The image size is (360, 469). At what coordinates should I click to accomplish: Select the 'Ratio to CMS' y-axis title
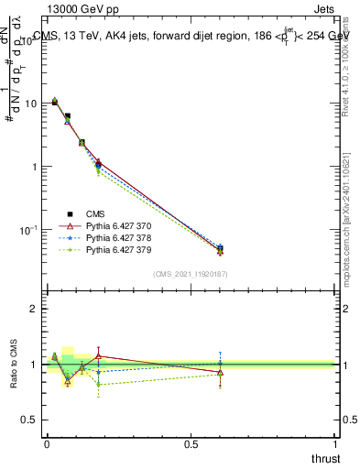tap(14, 378)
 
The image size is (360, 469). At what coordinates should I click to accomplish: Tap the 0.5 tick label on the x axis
tap(191, 444)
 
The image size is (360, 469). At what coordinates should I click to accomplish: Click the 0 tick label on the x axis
tap(47, 444)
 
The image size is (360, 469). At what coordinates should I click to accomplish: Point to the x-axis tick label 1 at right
tap(336, 444)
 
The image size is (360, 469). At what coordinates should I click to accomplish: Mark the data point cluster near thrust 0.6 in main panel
tap(220, 249)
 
